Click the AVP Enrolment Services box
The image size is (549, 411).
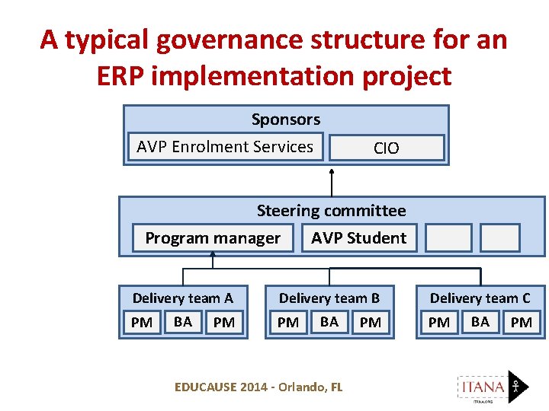[x=225, y=147]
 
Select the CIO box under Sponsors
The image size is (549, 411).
[x=386, y=148]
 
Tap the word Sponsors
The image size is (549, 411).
[x=286, y=119]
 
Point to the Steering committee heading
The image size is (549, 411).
[x=331, y=211]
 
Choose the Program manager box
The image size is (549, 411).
[x=213, y=238]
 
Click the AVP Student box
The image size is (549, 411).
[x=359, y=237]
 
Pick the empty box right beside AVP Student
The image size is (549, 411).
[x=448, y=237]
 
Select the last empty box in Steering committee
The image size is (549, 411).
[x=501, y=237]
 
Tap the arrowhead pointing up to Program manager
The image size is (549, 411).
[x=213, y=256]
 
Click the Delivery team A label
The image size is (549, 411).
[x=183, y=298]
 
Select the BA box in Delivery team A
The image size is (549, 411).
[x=183, y=322]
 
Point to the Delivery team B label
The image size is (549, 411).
[x=329, y=298]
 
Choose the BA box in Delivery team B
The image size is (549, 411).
[x=329, y=322]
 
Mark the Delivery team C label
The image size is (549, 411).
[x=480, y=298]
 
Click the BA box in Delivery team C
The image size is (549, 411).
[x=480, y=322]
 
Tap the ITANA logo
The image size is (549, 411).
[x=492, y=386]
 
